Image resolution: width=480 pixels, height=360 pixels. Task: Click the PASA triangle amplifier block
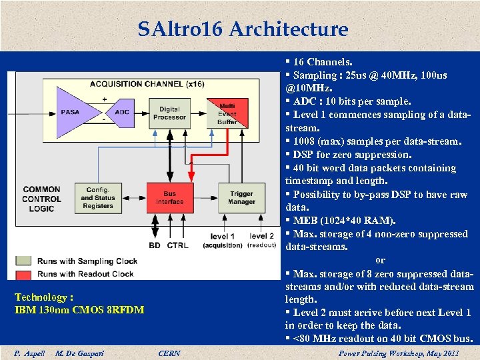pyautogui.click(x=72, y=113)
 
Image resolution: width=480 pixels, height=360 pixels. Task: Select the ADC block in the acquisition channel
pyautogui.click(x=122, y=113)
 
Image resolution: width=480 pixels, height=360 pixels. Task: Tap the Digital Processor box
pyautogui.click(x=169, y=113)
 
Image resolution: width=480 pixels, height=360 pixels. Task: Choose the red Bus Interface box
pyautogui.click(x=169, y=198)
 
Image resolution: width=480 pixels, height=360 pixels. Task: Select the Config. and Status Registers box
pyautogui.click(x=98, y=198)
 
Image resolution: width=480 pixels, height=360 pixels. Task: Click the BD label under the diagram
pyautogui.click(x=154, y=245)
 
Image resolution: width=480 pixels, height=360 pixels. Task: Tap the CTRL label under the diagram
pyautogui.click(x=177, y=245)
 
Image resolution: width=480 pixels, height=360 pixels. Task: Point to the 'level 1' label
pyautogui.click(x=222, y=237)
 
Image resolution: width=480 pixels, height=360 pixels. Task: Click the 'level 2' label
pyautogui.click(x=261, y=236)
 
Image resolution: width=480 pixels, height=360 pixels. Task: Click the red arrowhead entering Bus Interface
pyautogui.click(x=191, y=179)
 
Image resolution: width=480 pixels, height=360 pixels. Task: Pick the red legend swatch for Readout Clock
pyautogui.click(x=24, y=274)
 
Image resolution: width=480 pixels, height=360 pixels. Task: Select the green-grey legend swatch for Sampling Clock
pyautogui.click(x=24, y=261)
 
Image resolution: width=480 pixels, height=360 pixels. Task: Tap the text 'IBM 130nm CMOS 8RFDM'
pyautogui.click(x=79, y=310)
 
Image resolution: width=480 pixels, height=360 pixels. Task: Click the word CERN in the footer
pyautogui.click(x=169, y=353)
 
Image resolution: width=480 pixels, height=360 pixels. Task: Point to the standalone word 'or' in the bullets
pyautogui.click(x=380, y=260)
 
